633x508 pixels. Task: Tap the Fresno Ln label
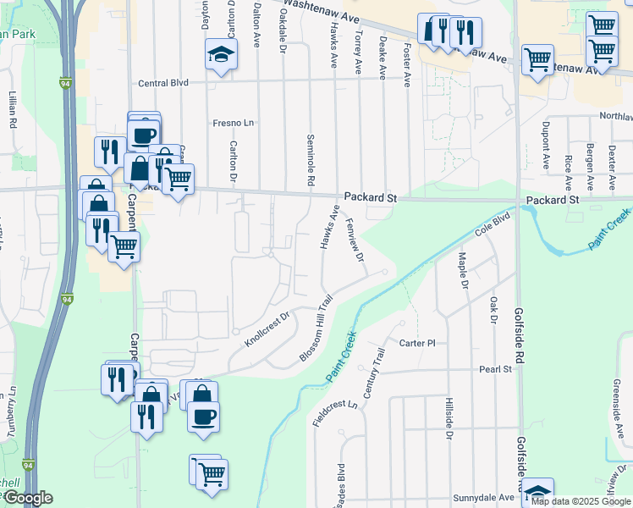click(234, 123)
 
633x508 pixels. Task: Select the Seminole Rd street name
click(311, 161)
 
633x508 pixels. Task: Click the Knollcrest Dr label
click(267, 329)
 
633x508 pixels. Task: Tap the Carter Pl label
click(417, 344)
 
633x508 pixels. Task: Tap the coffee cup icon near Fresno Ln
click(144, 134)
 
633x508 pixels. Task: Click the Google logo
click(28, 498)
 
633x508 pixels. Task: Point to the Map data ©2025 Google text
click(581, 501)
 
